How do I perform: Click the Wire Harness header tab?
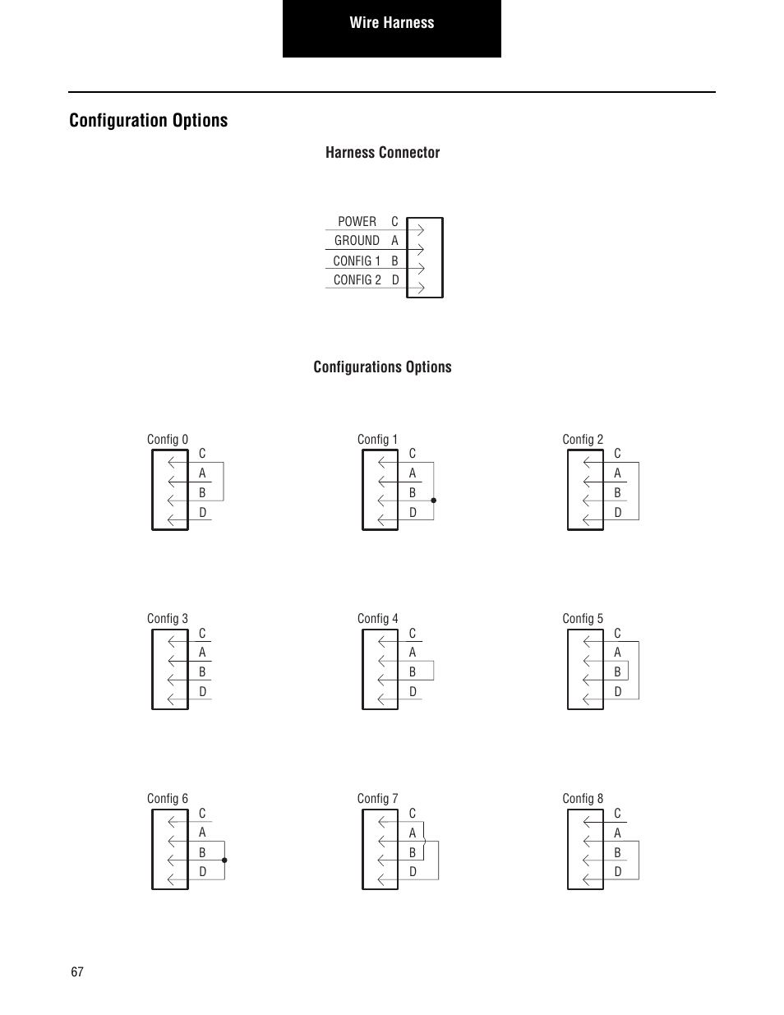[x=392, y=23]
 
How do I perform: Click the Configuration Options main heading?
[x=149, y=121]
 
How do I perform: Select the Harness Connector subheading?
[x=382, y=153]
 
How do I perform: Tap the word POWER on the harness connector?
[x=357, y=222]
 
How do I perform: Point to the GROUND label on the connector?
[x=357, y=241]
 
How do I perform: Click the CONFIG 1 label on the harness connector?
[x=357, y=261]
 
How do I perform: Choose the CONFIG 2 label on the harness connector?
[x=357, y=280]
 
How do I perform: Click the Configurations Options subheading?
[x=382, y=367]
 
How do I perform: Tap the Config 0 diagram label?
[x=168, y=440]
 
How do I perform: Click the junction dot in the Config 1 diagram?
[x=433, y=500]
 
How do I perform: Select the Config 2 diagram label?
[x=583, y=440]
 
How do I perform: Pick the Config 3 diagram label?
[x=168, y=619]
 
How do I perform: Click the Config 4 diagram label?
[x=378, y=619]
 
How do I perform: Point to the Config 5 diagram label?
[x=583, y=619]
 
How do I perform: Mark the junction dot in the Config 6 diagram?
[x=224, y=860]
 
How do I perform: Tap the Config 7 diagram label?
[x=378, y=799]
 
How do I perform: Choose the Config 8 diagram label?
[x=583, y=799]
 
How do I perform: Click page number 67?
[x=77, y=972]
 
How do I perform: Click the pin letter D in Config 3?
[x=203, y=692]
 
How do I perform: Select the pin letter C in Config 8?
[x=617, y=814]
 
